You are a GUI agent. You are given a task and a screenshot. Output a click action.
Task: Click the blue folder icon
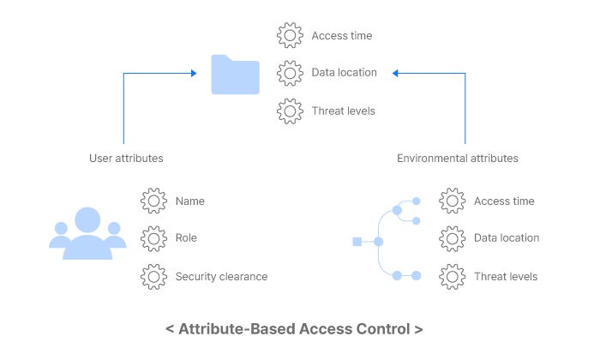[x=235, y=75]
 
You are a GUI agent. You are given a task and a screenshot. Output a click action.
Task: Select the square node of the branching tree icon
[x=357, y=242]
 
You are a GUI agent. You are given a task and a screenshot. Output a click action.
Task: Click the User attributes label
[x=126, y=159]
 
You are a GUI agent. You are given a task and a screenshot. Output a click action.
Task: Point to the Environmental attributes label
[x=457, y=159]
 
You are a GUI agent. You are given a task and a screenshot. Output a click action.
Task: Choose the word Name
[x=190, y=201]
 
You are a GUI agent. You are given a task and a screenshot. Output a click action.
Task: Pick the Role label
[x=186, y=238]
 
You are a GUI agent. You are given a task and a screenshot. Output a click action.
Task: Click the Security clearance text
[x=221, y=276]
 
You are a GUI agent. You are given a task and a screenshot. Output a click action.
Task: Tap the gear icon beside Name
[x=153, y=201]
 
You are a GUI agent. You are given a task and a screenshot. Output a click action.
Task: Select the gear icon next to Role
[x=153, y=238]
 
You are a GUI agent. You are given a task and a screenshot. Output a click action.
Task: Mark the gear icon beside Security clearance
[x=153, y=276]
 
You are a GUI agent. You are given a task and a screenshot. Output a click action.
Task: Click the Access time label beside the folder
[x=341, y=36]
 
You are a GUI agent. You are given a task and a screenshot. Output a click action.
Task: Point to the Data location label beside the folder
[x=344, y=73]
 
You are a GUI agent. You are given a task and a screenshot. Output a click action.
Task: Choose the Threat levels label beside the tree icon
[x=506, y=276]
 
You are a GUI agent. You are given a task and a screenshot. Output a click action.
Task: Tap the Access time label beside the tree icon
[x=504, y=201]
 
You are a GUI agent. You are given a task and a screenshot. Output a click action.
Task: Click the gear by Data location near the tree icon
[x=452, y=238]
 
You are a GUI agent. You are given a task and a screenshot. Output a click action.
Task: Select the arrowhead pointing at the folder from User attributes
[x=194, y=74]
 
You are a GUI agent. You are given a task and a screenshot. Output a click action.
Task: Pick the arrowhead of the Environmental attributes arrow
[x=395, y=74]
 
